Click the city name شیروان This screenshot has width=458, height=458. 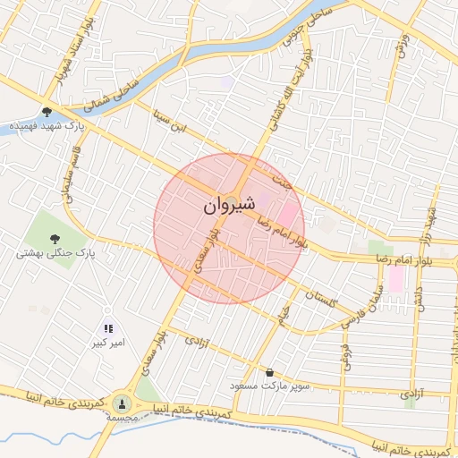pos(230,205)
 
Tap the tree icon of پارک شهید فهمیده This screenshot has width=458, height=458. pos(47,113)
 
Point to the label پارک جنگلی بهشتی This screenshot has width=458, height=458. pos(55,254)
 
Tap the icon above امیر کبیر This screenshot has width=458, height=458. pos(108,329)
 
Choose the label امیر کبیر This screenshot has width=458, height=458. pos(109,343)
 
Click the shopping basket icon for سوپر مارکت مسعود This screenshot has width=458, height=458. pos(270,371)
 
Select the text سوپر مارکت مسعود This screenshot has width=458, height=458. pos(269,386)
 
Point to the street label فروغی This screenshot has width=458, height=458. pos(345,353)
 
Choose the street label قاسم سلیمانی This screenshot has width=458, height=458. pos(67,179)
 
